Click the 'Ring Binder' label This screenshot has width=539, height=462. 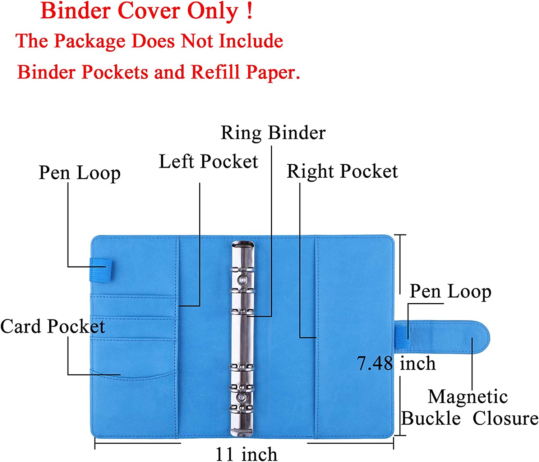[x=273, y=133]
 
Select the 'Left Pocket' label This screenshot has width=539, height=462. [x=208, y=161]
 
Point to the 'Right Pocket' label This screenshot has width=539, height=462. [x=342, y=171]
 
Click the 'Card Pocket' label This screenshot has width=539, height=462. [x=52, y=326]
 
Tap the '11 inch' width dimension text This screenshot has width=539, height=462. [x=246, y=454]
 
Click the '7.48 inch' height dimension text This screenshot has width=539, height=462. [x=396, y=363]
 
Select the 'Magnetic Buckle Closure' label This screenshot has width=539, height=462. [x=469, y=408]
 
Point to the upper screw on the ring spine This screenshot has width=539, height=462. [x=242, y=280]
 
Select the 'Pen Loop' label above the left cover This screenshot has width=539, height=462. [x=79, y=173]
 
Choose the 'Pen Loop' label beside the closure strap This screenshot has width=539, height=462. [x=450, y=292]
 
